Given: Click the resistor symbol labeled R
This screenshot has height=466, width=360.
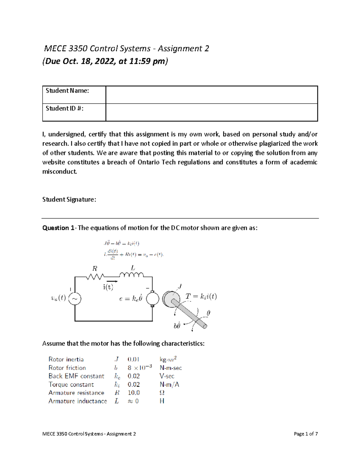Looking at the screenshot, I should click(95, 276).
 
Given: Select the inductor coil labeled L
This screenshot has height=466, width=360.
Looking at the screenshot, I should click(131, 275).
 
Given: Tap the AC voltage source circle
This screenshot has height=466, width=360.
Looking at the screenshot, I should click(75, 299).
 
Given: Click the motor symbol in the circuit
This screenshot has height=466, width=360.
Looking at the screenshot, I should click(152, 299).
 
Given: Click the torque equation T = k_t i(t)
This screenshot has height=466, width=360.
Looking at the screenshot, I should click(201, 297).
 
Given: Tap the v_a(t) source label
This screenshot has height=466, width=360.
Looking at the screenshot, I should click(58, 298).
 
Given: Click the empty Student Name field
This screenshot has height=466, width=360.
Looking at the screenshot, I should click(211, 95).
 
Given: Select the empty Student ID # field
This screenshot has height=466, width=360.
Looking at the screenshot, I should click(211, 112).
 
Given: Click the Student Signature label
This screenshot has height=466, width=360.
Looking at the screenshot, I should click(69, 200).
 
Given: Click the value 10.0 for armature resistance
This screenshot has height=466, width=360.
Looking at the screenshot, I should click(133, 393).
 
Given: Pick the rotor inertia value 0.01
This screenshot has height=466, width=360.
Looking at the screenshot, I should click(133, 359).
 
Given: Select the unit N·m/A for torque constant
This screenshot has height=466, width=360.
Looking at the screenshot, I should click(169, 385).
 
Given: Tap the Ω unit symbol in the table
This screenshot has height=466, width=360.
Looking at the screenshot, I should click(162, 393).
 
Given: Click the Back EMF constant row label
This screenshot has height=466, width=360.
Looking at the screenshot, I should click(76, 376).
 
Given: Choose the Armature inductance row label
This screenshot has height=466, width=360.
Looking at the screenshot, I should click(78, 401).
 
